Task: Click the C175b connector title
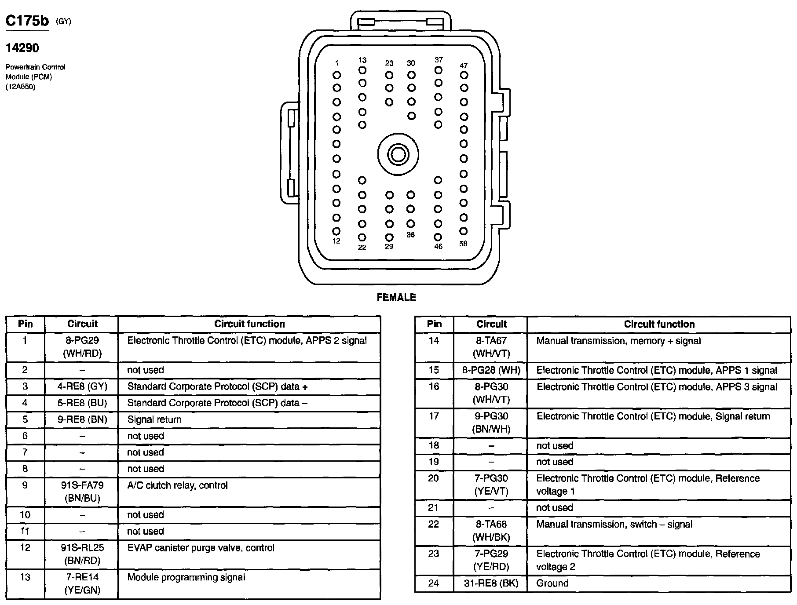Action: pyautogui.click(x=27, y=21)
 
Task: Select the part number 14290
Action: pyautogui.click(x=22, y=47)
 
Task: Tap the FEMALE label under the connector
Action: pyautogui.click(x=396, y=298)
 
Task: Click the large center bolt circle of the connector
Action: pyautogui.click(x=398, y=154)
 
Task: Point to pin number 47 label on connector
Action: pyautogui.click(x=464, y=66)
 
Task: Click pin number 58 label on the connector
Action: pyautogui.click(x=463, y=244)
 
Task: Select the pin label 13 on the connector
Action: pyautogui.click(x=362, y=60)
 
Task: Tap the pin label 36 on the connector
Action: pyautogui.click(x=410, y=235)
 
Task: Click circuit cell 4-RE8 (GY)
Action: pyautogui.click(x=82, y=386)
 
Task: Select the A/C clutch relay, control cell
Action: pyautogui.click(x=177, y=485)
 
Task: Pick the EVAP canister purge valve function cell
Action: pyautogui.click(x=201, y=548)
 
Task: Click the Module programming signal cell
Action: pyautogui.click(x=186, y=577)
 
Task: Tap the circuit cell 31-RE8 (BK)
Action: pyautogui.click(x=491, y=583)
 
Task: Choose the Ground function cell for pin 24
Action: pyautogui.click(x=552, y=583)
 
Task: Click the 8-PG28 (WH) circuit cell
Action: pyautogui.click(x=491, y=370)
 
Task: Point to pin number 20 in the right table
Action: pyautogui.click(x=434, y=478)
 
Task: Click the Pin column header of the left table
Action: pyautogui.click(x=26, y=324)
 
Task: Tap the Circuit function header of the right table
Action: pyautogui.click(x=659, y=324)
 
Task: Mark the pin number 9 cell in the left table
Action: pyautogui.click(x=25, y=485)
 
